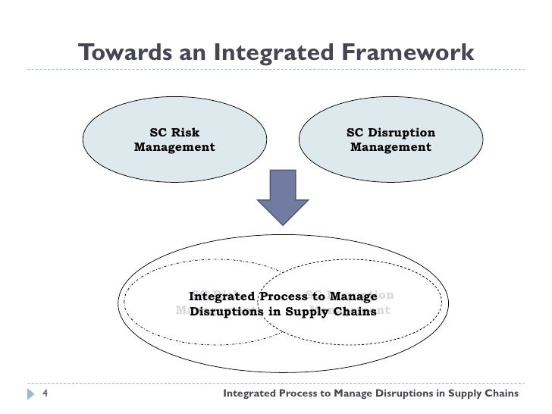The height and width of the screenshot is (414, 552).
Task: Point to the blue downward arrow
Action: tap(283, 196)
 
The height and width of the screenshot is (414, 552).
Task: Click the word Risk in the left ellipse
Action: tap(185, 133)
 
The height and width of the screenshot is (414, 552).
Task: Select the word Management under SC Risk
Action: tap(174, 147)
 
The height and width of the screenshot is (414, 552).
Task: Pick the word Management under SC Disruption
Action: tap(390, 147)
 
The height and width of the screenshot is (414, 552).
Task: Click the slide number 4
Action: tap(45, 394)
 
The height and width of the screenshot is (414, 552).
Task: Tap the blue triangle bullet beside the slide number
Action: tap(30, 394)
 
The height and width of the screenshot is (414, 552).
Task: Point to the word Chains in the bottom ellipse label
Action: tap(353, 311)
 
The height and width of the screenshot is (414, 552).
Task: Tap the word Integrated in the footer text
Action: tap(255, 394)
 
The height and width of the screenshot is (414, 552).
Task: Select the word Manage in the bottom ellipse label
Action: tap(352, 296)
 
